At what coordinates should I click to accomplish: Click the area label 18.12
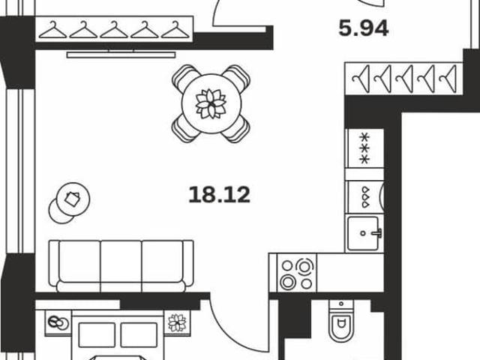point(220,195)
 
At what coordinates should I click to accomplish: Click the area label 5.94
point(364,28)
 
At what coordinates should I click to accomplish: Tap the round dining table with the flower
point(211,103)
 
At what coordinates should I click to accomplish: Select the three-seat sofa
point(121,266)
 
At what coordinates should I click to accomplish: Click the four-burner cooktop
point(297,273)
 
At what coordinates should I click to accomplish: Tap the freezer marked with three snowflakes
point(364,148)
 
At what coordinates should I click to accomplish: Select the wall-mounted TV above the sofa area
point(121,55)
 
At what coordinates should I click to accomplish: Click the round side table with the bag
point(73,199)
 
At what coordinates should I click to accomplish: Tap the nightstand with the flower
point(177,322)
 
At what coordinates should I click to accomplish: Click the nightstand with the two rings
point(58,323)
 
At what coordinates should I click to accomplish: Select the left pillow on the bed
point(97,335)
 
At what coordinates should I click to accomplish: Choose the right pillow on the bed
point(139,335)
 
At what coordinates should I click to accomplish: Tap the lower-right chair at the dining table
point(238,130)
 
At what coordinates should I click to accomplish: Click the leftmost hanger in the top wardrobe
point(52,30)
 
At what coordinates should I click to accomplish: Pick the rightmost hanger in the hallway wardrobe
point(448,79)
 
